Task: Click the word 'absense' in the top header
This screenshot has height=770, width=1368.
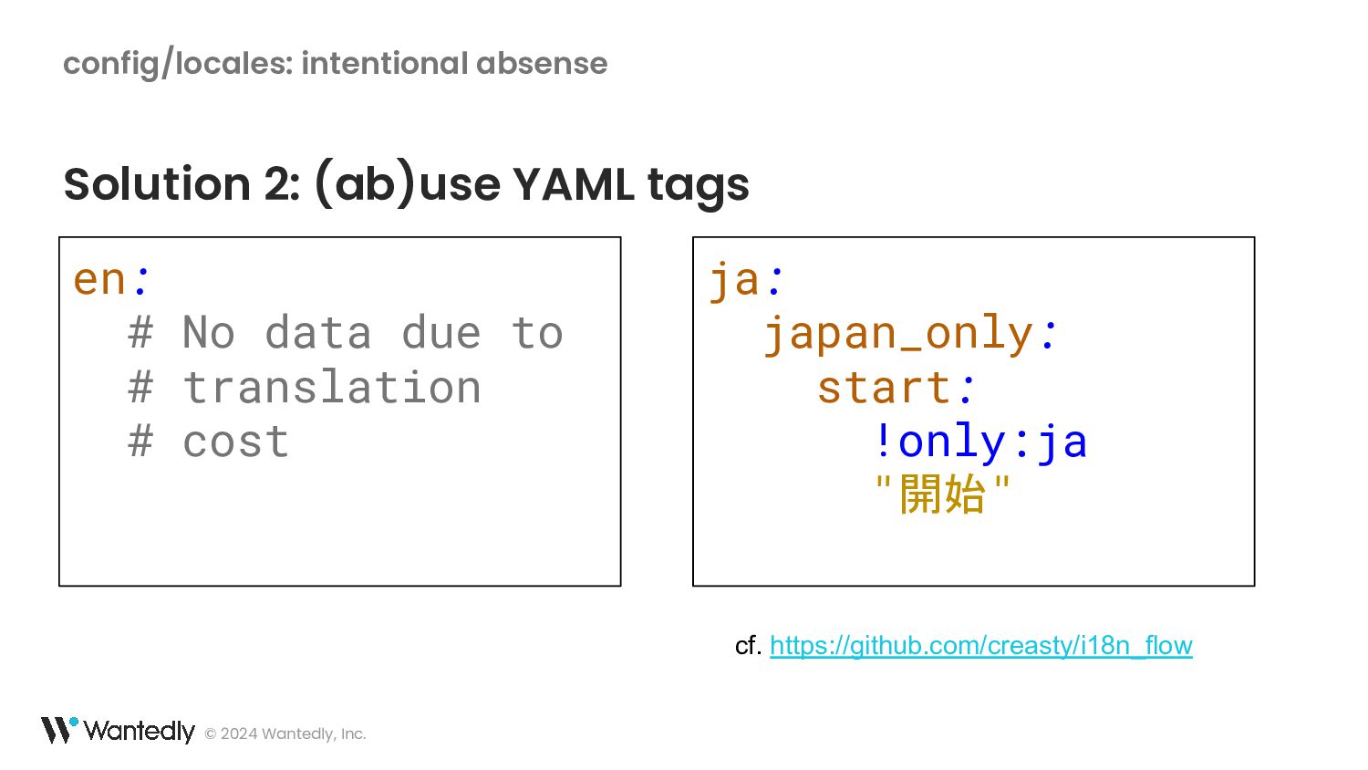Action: [x=542, y=64]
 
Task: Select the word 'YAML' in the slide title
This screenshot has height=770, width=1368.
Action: [x=574, y=184]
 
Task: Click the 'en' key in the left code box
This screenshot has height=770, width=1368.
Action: [x=98, y=280]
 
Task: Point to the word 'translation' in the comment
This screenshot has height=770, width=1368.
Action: [x=332, y=388]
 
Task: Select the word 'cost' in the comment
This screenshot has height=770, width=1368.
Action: [x=235, y=442]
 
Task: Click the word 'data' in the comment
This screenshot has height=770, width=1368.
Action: [x=318, y=333]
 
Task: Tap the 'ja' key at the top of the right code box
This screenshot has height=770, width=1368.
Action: [x=734, y=281]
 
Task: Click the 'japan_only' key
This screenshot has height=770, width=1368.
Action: [x=897, y=335]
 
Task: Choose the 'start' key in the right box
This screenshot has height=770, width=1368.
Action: [x=884, y=388]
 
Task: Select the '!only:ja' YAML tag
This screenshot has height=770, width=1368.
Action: [x=981, y=442]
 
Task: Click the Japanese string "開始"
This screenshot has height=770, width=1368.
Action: [x=942, y=494]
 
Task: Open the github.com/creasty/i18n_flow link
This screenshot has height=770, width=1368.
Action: [x=980, y=645]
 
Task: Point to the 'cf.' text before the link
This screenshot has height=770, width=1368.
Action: [x=748, y=645]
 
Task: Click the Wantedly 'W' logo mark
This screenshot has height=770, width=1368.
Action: [x=59, y=730]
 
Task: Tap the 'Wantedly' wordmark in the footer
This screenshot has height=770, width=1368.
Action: [x=140, y=731]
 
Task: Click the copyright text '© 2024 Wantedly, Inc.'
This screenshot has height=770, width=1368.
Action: [x=285, y=734]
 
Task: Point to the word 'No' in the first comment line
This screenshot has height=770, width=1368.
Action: [x=209, y=333]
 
